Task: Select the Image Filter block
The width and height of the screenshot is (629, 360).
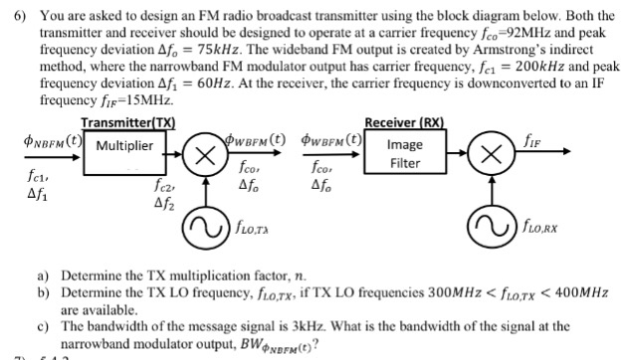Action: (x=405, y=154)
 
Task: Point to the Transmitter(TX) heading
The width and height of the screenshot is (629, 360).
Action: (x=128, y=122)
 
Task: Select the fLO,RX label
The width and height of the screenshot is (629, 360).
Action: (x=543, y=238)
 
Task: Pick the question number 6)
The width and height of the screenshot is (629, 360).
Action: (x=15, y=9)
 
